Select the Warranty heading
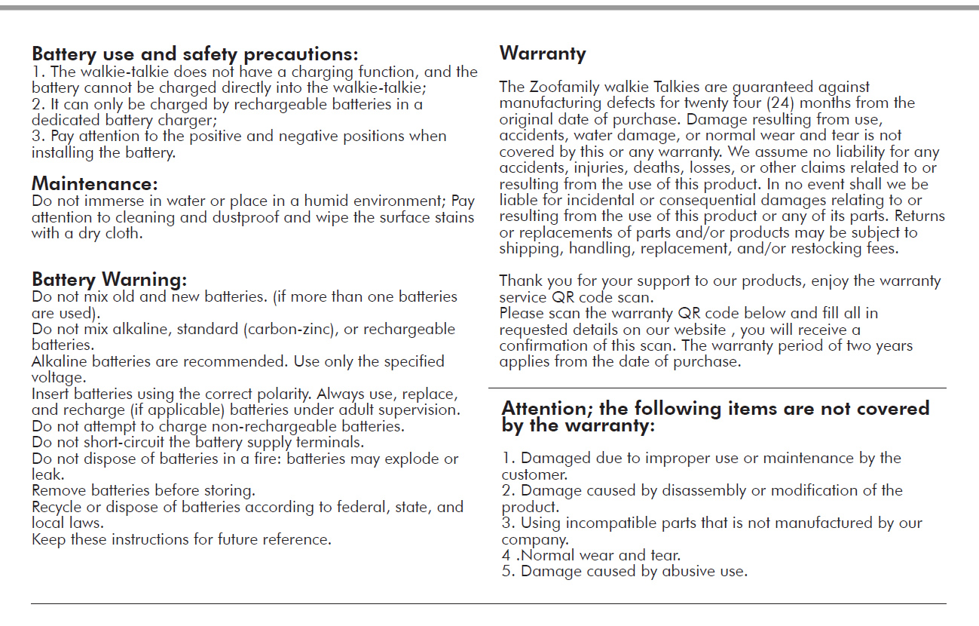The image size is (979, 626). pyautogui.click(x=543, y=54)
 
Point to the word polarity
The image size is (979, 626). pyautogui.click(x=281, y=394)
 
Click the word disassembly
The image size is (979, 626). pyautogui.click(x=705, y=490)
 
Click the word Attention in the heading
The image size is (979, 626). pyautogui.click(x=545, y=409)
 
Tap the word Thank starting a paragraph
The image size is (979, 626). pyautogui.click(x=520, y=281)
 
